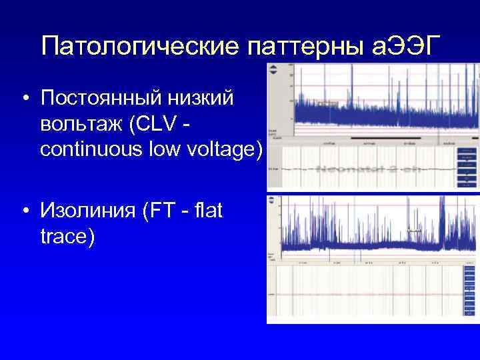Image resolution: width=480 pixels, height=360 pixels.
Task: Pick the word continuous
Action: (95, 149)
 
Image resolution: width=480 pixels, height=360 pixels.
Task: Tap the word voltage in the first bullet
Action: (219, 149)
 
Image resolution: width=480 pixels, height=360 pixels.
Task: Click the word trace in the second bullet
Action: (65, 235)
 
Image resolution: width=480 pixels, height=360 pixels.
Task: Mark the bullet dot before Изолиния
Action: (24, 211)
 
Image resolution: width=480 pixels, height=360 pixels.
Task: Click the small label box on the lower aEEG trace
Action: (415, 230)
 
